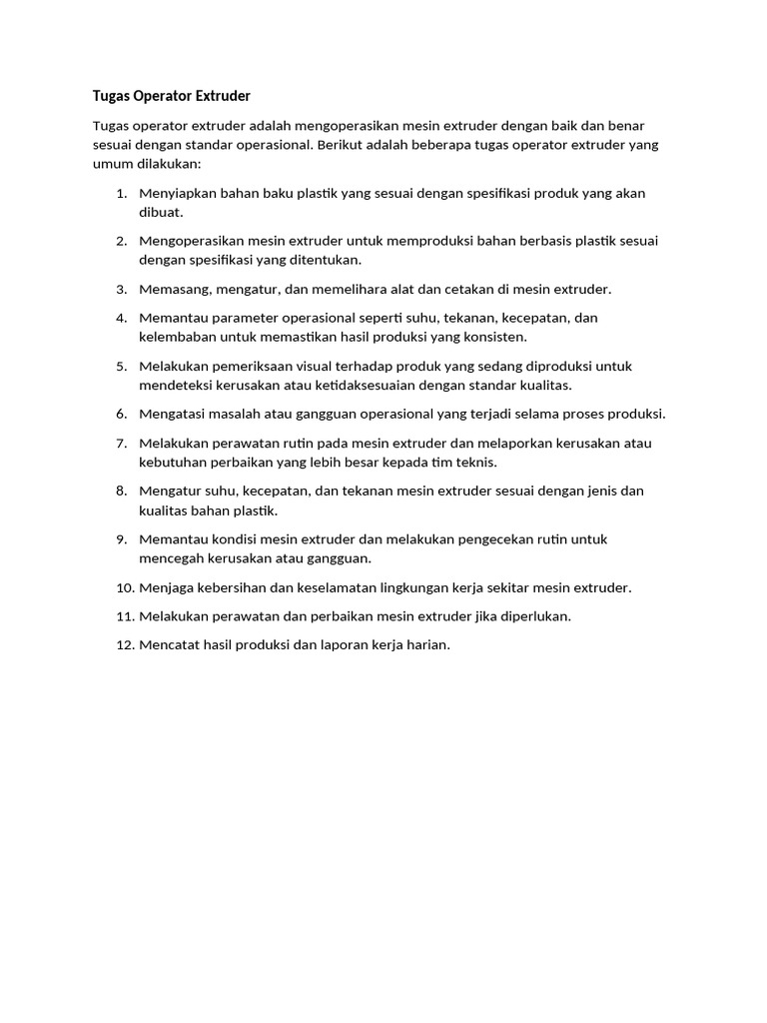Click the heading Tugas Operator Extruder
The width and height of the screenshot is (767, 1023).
tap(171, 96)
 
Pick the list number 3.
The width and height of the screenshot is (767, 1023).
tap(121, 289)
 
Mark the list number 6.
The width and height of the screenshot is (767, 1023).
tap(121, 414)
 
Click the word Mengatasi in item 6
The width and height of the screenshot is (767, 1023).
tap(174, 414)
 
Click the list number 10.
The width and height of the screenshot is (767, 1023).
tap(124, 587)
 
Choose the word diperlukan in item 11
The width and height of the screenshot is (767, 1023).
tap(533, 616)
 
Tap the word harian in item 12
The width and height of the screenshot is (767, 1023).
tap(425, 645)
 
